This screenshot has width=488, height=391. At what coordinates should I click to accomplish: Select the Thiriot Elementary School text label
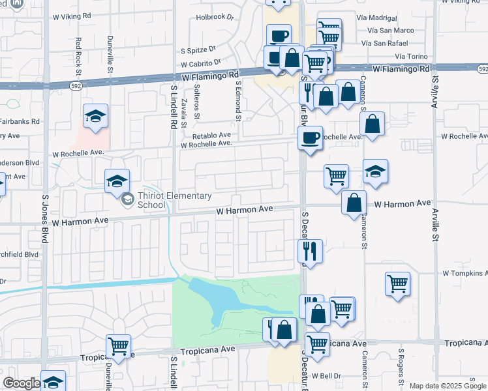click(x=175, y=200)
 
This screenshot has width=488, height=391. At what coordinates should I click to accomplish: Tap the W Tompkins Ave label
click(x=465, y=274)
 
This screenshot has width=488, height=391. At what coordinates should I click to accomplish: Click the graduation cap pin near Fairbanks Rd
click(x=96, y=117)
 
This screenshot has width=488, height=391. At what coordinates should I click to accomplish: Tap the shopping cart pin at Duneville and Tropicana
click(x=118, y=347)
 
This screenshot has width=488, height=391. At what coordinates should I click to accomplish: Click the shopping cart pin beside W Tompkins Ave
click(x=397, y=284)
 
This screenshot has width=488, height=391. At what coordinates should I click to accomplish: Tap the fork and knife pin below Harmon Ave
click(x=311, y=252)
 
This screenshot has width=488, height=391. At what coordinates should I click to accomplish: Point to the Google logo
click(x=22, y=383)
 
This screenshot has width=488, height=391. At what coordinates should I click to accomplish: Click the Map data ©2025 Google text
click(x=448, y=386)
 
